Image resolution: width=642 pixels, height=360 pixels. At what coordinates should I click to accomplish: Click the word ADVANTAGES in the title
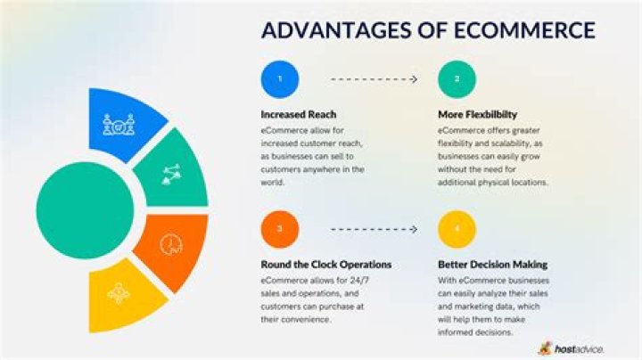pyautogui.click(x=325, y=30)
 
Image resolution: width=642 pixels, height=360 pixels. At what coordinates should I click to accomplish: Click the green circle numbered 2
pyautogui.click(x=456, y=79)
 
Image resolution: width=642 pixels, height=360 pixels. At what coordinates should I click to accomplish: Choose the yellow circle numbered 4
pyautogui.click(x=456, y=229)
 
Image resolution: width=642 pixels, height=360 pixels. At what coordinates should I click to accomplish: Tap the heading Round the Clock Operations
pyautogui.click(x=325, y=265)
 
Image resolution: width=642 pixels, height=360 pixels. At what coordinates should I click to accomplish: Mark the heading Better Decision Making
pyautogui.click(x=492, y=265)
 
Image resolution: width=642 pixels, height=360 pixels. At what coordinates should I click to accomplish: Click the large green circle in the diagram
pyautogui.click(x=85, y=198)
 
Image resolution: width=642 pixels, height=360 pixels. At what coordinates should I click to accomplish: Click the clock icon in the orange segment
pyautogui.click(x=170, y=243)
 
